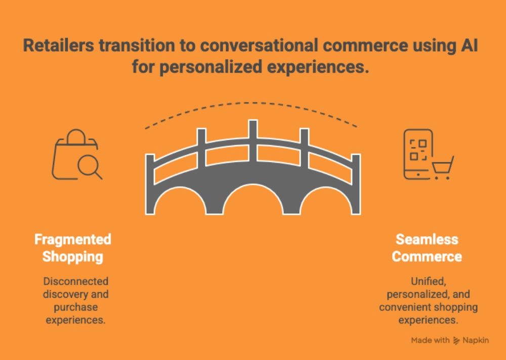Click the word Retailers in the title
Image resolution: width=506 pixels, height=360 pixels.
(58, 45)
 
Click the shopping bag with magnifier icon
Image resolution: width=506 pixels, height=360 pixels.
(77, 155)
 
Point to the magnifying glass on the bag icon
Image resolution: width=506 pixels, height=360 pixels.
(90, 167)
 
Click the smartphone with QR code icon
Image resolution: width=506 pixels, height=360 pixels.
(418, 154)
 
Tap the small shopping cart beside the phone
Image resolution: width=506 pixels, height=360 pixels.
(443, 168)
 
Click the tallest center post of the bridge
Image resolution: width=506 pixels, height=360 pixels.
(252, 141)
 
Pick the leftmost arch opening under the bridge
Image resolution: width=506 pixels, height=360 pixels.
(180, 201)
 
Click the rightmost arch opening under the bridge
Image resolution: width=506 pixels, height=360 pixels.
(326, 201)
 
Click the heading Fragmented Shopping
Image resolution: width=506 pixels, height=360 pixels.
(72, 248)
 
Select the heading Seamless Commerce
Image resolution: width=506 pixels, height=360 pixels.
(427, 248)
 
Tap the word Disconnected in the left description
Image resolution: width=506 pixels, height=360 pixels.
(76, 281)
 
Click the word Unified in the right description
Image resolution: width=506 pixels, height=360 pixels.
(428, 281)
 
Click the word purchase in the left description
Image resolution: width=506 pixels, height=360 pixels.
(76, 307)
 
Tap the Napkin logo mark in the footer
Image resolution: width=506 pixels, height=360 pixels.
(456, 340)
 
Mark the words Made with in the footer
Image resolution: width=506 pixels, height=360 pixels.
(430, 340)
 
